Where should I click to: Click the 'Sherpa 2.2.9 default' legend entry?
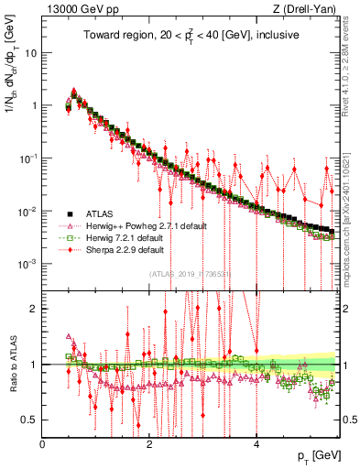125,249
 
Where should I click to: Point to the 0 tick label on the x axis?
43,444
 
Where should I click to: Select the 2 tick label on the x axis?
149,444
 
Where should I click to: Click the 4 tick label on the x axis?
256,444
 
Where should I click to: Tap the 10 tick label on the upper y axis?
31,52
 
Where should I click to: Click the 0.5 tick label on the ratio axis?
28,420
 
